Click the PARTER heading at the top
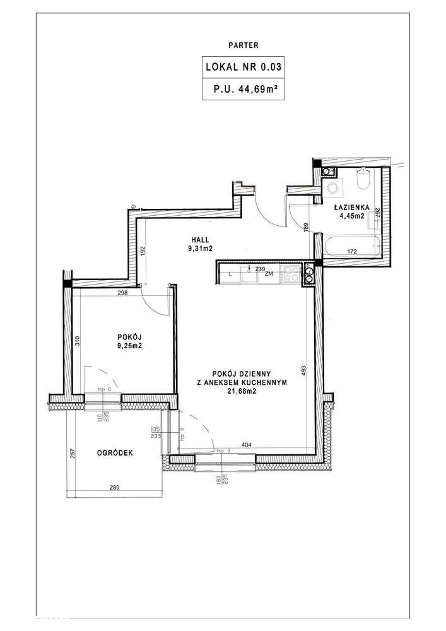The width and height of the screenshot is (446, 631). tap(244, 45)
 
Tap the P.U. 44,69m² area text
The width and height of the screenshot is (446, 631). tap(246, 89)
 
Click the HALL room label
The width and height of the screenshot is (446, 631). tap(200, 240)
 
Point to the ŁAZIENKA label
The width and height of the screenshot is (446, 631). tap(351, 208)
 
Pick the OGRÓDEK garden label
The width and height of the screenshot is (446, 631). tap(115, 452)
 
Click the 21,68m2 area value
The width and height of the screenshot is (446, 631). tap(242, 391)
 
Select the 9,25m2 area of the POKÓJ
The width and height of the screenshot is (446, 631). tap(129, 345)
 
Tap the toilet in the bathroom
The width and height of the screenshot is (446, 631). tap(363, 179)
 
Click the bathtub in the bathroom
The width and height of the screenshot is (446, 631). tap(351, 246)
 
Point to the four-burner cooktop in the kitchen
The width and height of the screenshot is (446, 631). tap(292, 274)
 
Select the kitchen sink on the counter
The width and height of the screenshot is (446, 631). tap(249, 275)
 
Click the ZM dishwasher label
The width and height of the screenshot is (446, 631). tap(269, 274)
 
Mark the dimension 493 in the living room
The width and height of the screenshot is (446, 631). tap(303, 370)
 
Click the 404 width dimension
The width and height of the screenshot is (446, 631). tap(246, 445)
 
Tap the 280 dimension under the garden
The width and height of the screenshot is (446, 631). tap(115, 487)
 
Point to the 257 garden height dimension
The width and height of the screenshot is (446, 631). tap(73, 454)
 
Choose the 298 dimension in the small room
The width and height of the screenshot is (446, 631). tap(122, 293)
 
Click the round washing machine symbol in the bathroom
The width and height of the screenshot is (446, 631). tap(332, 188)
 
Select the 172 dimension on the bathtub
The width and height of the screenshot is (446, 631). tap(352, 252)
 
